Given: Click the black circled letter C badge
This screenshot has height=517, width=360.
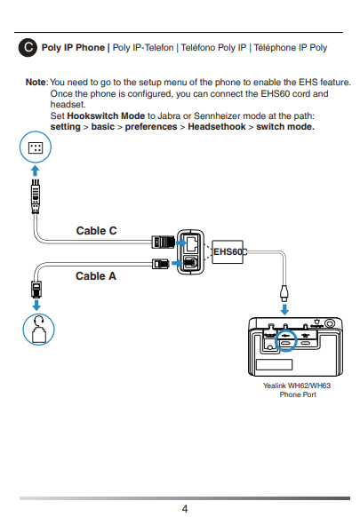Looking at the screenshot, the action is coord(28,47).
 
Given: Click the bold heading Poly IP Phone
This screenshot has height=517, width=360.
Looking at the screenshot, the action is coord(73,47).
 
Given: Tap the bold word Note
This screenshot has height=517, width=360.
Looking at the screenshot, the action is coord(36,82).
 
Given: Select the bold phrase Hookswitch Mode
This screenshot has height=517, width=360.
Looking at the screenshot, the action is coord(106,116).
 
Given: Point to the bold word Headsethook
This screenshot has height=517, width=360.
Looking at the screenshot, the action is coord(217,127).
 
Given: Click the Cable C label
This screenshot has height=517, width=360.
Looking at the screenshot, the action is coord(96,231).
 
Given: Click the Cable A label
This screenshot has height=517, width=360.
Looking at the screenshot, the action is coord(96,276).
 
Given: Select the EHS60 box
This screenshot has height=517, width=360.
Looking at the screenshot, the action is coord(228,252).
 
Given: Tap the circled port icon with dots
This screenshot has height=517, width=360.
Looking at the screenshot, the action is coord(36,147).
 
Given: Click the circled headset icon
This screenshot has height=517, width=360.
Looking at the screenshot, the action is coord(38,330).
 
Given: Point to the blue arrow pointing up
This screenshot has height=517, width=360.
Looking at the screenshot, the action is coord(35,171).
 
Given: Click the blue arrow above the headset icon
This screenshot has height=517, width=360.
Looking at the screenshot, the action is coord(36,305).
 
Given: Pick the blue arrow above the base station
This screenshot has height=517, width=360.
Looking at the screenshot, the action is coord(284,310).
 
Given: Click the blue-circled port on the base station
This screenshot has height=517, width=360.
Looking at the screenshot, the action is coord(285,340).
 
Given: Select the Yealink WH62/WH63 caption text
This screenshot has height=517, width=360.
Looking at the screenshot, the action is coord(297,390).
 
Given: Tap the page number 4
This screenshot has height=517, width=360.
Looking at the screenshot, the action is coord(185,509).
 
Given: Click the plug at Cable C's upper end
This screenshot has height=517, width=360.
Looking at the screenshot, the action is coord(36,196).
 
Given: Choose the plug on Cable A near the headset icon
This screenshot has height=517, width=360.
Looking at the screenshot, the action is coord(36,290).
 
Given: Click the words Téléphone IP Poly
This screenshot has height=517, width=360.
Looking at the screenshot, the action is coord(291,47).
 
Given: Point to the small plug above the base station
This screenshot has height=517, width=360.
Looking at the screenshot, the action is coord(284,293).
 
